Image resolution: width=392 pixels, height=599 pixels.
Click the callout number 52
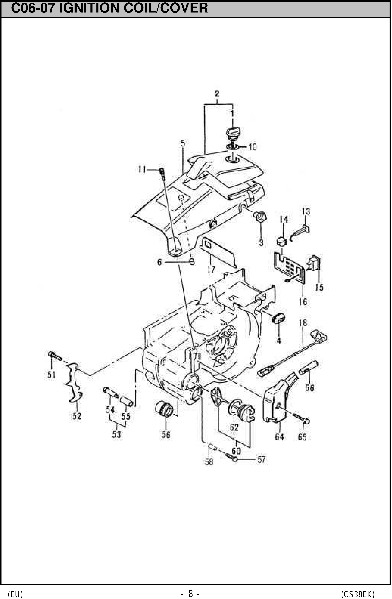[x=77, y=416]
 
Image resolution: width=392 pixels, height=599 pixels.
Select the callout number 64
[x=279, y=437]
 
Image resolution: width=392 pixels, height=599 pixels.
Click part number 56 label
[x=166, y=434]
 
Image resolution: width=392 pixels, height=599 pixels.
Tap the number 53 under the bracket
[x=117, y=434]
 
